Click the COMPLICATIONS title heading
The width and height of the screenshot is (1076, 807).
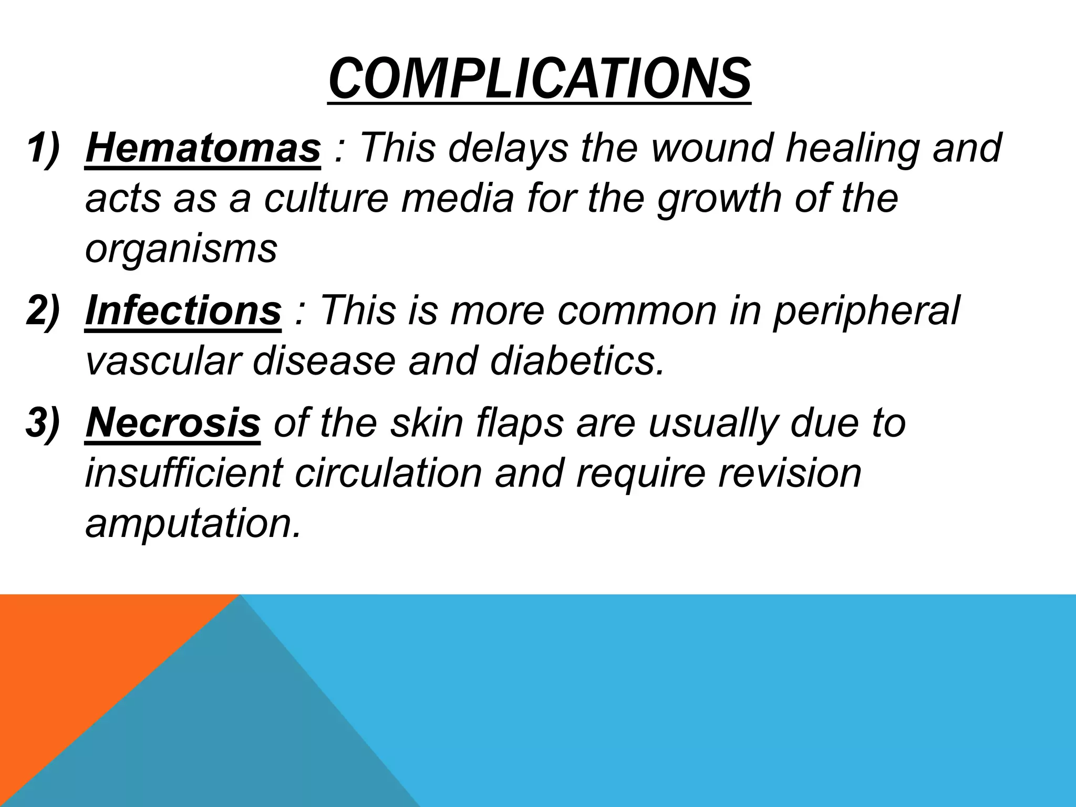(x=539, y=80)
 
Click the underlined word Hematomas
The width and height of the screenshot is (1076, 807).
(x=203, y=148)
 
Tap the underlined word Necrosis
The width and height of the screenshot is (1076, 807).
(x=173, y=423)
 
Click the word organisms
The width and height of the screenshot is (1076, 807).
(x=181, y=250)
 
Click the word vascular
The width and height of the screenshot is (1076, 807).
(x=162, y=361)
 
